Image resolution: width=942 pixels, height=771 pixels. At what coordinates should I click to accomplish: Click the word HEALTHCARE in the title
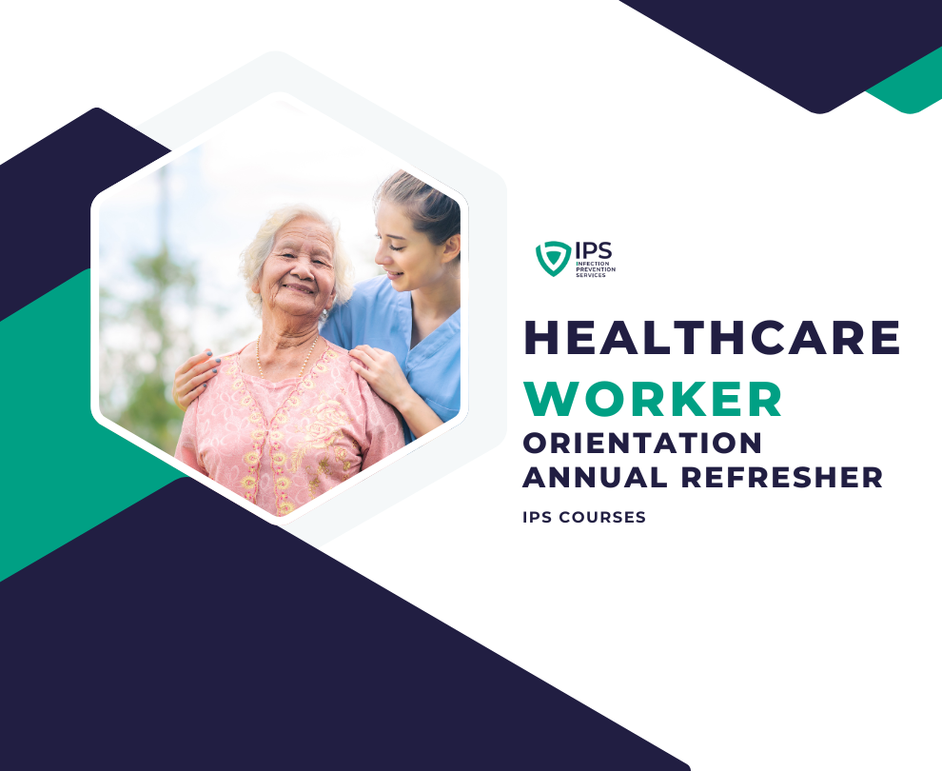coord(712,337)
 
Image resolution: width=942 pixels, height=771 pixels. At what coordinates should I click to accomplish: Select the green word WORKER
coord(653,399)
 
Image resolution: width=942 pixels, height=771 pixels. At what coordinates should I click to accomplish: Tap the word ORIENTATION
coord(642,444)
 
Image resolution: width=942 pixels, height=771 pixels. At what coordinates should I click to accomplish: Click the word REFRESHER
coord(781,477)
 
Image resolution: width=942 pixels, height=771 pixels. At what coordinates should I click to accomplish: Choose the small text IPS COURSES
coord(584,517)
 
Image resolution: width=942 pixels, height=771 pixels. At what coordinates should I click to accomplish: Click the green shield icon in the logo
coord(553,258)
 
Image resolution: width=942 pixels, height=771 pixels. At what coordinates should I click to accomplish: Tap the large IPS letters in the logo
coord(594,250)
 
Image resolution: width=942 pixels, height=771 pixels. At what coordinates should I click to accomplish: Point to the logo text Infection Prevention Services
coord(596,269)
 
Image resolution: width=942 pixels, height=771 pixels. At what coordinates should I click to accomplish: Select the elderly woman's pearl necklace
coord(287,361)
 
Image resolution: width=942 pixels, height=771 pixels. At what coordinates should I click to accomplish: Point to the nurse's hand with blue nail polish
coord(195,379)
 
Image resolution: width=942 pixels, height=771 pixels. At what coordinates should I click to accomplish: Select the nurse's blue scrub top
coord(415,343)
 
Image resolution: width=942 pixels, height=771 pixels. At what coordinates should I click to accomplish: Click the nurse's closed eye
coord(398,246)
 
